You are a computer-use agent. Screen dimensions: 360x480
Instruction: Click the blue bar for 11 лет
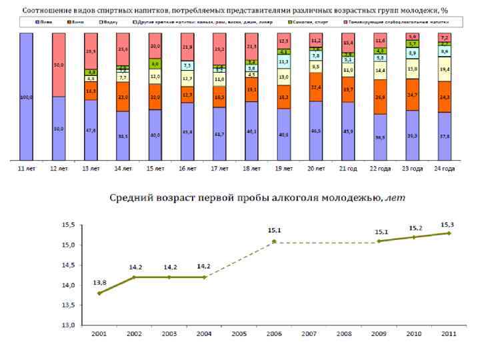point(27,97)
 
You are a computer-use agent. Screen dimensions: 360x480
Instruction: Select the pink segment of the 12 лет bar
point(59,65)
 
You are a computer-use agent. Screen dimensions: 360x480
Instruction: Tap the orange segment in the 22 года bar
point(381,97)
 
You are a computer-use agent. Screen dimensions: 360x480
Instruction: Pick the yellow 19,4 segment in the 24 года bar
point(445,69)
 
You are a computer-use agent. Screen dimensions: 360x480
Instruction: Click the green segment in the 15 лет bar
point(155,64)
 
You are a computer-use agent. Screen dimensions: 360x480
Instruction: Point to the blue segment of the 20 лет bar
point(316,131)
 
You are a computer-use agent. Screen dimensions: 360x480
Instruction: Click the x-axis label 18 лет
point(252,169)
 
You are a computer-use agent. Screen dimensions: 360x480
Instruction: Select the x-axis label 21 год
point(348,169)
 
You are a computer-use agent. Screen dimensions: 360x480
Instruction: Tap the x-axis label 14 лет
point(123,169)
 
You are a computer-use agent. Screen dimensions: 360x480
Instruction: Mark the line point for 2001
point(99,293)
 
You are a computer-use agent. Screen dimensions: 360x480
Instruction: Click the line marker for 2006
point(274,241)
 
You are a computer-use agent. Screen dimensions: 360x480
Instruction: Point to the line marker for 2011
point(449,233)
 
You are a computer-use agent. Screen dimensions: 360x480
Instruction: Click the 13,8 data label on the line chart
point(99,283)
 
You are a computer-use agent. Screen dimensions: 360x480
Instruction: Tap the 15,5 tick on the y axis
point(69,225)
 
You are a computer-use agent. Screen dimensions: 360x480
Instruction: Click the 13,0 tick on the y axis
point(69,325)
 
